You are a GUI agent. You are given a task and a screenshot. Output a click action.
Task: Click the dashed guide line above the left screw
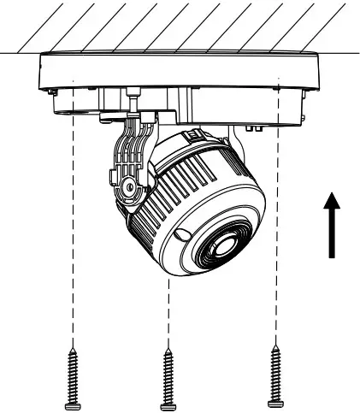[73, 257]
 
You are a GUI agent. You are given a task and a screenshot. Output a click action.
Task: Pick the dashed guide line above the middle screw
[169, 316]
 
